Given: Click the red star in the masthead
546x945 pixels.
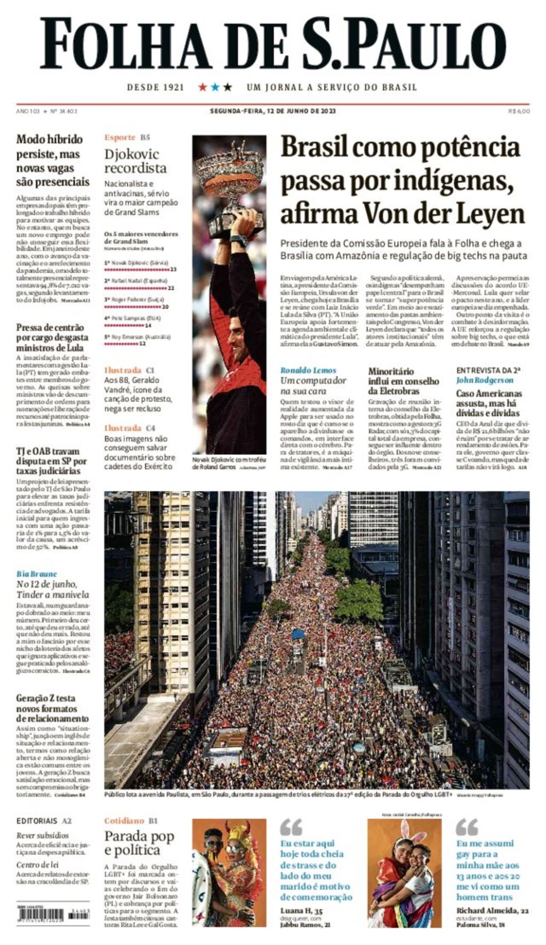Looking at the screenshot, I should [203, 87].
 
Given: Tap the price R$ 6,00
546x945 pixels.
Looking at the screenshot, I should [519, 111].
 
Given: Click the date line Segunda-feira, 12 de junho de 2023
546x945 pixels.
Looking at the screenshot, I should [272, 111].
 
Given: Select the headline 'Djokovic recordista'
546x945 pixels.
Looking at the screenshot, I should [135, 161].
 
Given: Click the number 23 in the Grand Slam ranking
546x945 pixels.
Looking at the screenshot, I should [173, 270].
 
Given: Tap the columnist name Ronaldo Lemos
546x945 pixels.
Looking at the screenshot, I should [308, 370].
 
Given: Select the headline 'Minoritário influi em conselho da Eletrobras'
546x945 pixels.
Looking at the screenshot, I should [403, 381].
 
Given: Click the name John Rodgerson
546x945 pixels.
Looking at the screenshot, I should [484, 380].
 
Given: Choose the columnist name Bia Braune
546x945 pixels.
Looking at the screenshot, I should [36, 574].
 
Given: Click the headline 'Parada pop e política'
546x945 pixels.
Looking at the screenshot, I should [139, 843].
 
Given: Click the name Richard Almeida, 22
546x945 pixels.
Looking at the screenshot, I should [492, 910].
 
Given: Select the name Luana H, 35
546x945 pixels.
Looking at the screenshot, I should [301, 910].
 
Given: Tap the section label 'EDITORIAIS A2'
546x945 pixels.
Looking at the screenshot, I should [44, 821].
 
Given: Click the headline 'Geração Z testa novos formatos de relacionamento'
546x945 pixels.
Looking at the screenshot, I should [52, 708].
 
